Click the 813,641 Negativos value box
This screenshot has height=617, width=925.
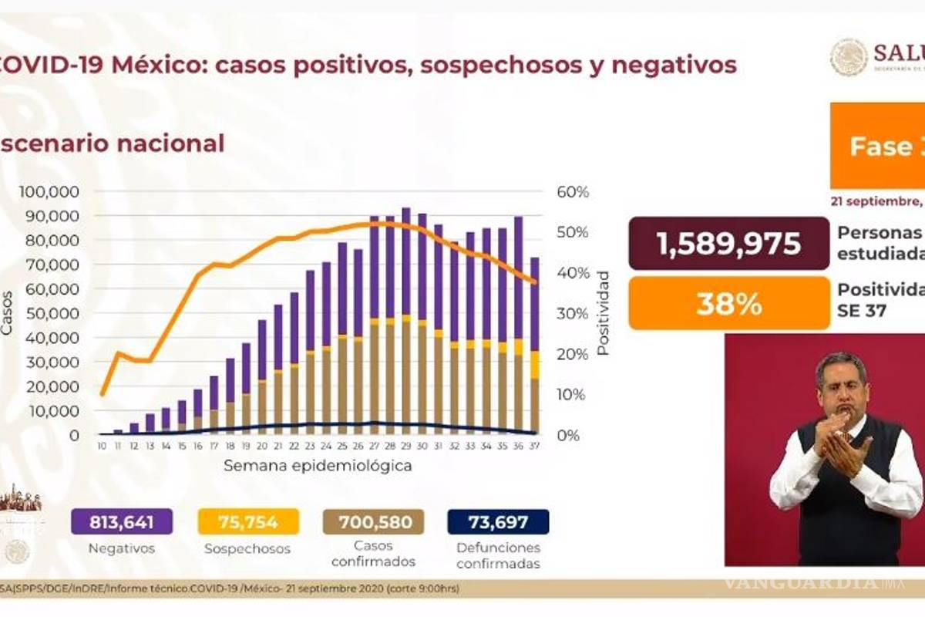(x=121, y=522)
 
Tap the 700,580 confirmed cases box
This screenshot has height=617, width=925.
(x=373, y=522)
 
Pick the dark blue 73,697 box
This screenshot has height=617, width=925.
(x=498, y=522)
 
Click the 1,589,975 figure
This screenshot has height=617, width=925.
(x=728, y=243)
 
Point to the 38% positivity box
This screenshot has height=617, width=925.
(x=728, y=304)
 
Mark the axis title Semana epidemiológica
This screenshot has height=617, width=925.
(x=318, y=466)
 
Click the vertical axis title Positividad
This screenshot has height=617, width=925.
(x=603, y=312)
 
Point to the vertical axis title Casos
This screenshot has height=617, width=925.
(x=8, y=312)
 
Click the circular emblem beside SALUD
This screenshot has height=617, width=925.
(x=849, y=57)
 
